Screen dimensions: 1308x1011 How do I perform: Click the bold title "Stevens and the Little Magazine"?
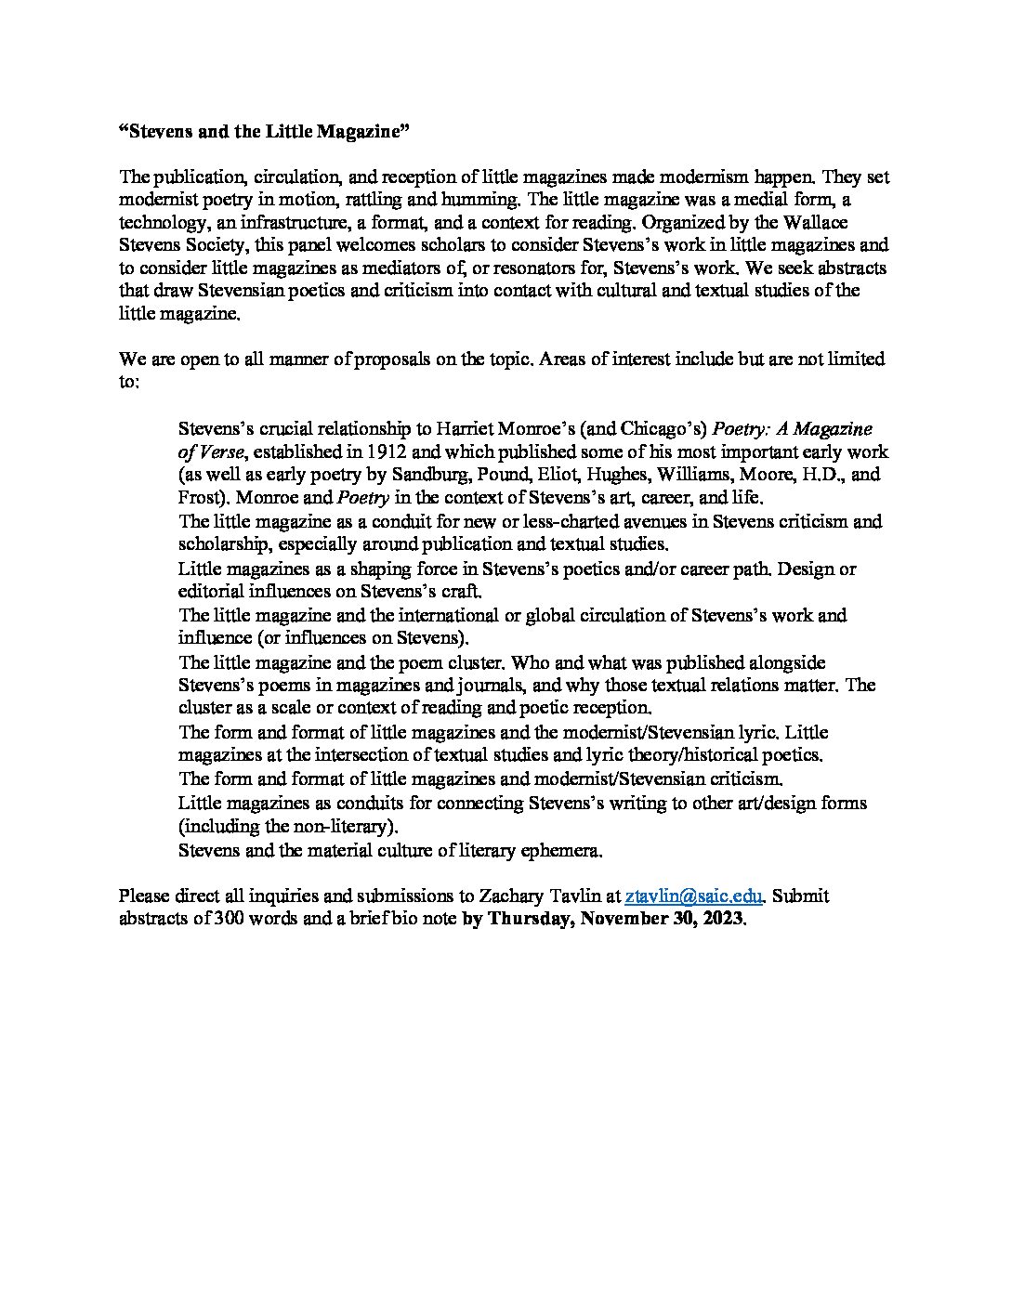pos(265,132)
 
